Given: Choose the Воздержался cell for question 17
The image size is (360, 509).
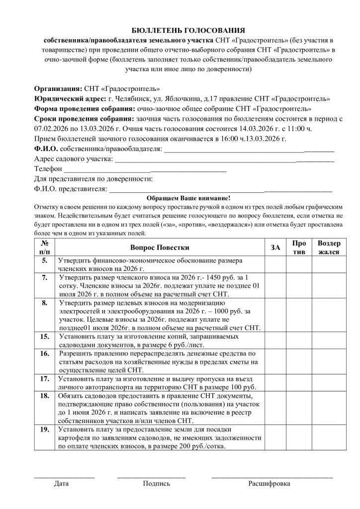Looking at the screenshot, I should coord(329,382).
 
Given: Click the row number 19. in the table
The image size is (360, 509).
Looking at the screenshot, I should coord(45,429).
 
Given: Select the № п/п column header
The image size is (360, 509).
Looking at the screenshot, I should coord(45,247).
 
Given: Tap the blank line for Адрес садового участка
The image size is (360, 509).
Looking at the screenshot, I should coord(224,160).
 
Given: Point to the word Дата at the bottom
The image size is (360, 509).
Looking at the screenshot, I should coord(62,483).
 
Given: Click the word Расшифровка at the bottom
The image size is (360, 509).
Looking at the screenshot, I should coord(269,483).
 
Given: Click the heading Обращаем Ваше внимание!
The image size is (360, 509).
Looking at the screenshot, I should coord(183,197).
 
